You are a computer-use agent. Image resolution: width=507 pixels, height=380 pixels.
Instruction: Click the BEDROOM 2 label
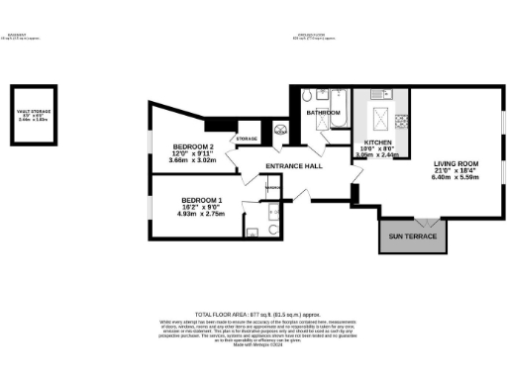coord(191,145)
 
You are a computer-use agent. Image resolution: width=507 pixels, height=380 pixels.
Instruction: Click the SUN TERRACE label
coord(412,237)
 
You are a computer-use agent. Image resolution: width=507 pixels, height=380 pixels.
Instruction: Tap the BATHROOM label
coord(323,114)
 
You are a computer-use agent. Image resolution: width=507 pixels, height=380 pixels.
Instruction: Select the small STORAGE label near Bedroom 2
coord(247,139)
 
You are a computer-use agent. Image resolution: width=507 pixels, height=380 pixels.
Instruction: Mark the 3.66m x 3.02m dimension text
coord(192,159)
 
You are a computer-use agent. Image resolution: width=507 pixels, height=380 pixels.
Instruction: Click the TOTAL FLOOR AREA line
coord(253,311)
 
